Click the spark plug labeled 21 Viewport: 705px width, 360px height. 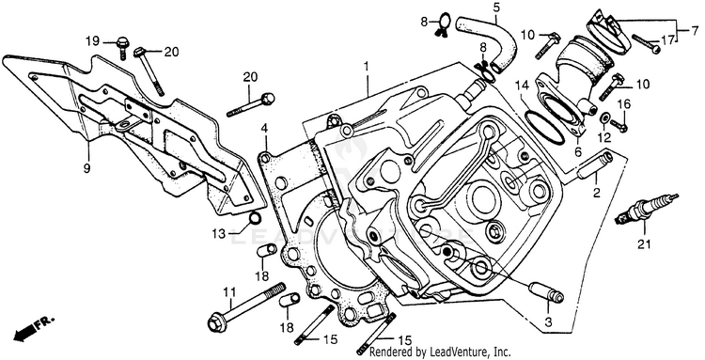pyautogui.click(x=646, y=209)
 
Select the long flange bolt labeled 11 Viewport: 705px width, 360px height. pyautogui.click(x=247, y=306)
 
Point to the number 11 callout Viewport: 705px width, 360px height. pyautogui.click(x=229, y=292)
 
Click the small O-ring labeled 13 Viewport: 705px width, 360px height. pyautogui.click(x=255, y=219)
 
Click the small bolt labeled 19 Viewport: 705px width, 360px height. pyautogui.click(x=122, y=46)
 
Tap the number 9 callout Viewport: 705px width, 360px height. pyautogui.click(x=86, y=168)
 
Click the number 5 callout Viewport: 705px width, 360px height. pyautogui.click(x=496, y=8)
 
